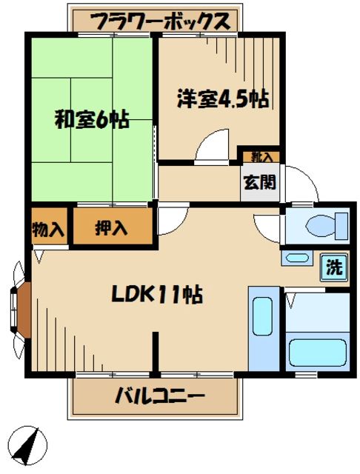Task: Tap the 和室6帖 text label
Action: click(x=92, y=119)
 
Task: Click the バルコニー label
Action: click(x=159, y=396)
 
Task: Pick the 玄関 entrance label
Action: click(x=259, y=181)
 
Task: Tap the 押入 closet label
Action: click(x=111, y=229)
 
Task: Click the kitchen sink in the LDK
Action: click(x=262, y=316)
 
